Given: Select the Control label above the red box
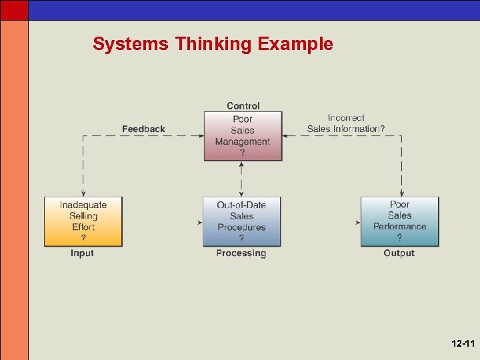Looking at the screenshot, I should [243, 105].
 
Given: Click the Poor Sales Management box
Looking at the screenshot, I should [243, 136].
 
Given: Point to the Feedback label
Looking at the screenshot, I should [143, 129].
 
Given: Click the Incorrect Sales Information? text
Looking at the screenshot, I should [345, 123].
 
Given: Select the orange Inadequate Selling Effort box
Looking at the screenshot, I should [83, 221].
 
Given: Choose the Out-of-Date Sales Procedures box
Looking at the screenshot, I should [241, 221].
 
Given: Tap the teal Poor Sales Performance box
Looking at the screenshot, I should [399, 221].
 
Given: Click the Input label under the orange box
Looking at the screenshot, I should [82, 253].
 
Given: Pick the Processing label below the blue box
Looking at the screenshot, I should [241, 253].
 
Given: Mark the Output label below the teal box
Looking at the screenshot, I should [399, 253].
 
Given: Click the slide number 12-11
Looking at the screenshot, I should [462, 344].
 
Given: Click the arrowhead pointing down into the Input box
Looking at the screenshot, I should [83, 193].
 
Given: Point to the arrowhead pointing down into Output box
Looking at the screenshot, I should [401, 193].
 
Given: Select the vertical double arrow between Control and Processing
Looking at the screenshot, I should [241, 179].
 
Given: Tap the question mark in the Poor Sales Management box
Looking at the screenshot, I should [243, 153].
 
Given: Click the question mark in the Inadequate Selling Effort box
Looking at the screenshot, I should [83, 238].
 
